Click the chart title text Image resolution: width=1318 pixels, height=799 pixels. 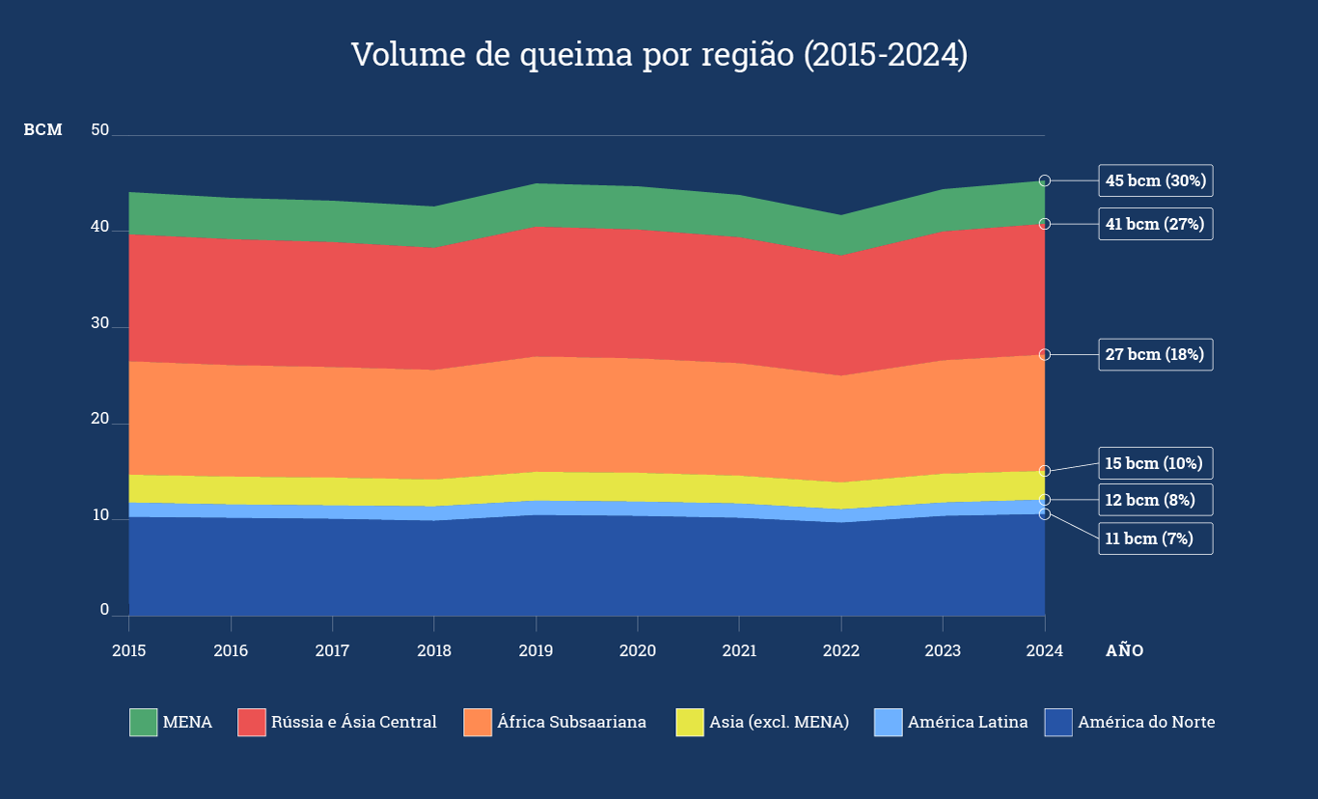[x=659, y=55]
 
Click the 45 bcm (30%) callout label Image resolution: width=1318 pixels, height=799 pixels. [x=1155, y=180]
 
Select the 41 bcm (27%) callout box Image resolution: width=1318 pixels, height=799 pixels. [x=1155, y=224]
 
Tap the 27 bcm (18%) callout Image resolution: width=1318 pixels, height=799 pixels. [x=1155, y=354]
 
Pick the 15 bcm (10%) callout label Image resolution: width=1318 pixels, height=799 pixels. [x=1155, y=463]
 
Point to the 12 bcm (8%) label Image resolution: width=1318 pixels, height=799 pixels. [x=1155, y=500]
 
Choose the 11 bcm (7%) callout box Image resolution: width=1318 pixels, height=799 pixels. [x=1155, y=538]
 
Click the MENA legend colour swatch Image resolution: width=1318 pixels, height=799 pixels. [x=143, y=722]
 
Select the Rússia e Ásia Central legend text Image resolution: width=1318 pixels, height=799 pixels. [x=353, y=722]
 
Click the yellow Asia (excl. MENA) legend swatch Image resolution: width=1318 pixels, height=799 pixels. [x=690, y=722]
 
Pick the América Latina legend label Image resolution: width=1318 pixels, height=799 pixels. [x=968, y=722]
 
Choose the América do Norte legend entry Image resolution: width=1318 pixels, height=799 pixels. [x=1146, y=722]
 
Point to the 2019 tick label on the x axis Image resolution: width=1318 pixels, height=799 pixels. [x=535, y=650]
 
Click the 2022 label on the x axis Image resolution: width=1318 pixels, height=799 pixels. [x=841, y=650]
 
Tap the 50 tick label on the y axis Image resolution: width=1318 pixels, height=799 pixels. [x=99, y=130]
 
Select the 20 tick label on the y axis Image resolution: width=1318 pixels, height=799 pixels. [x=99, y=419]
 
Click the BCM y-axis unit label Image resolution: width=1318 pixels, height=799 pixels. [x=43, y=130]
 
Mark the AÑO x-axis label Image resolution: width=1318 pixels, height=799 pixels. [x=1124, y=650]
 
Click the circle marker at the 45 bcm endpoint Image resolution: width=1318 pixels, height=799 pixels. [x=1045, y=180]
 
